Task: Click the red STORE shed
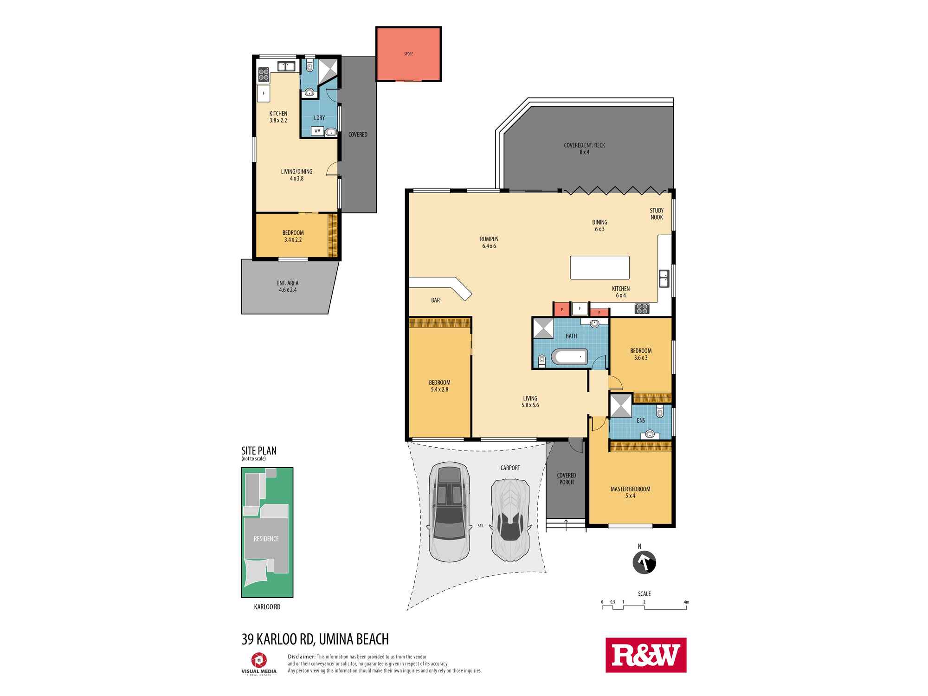pyautogui.click(x=408, y=54)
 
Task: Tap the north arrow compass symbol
pyautogui.click(x=644, y=563)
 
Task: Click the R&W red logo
pyautogui.click(x=646, y=655)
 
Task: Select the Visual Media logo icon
pyautogui.click(x=258, y=660)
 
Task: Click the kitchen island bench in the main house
pyautogui.click(x=599, y=268)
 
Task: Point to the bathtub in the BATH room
pyautogui.click(x=569, y=358)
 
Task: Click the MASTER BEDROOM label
pyautogui.click(x=630, y=489)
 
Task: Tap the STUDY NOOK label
pyautogui.click(x=657, y=214)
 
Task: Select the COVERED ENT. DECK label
pyautogui.click(x=584, y=145)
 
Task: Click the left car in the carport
pyautogui.click(x=449, y=511)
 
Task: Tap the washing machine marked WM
pyautogui.click(x=318, y=131)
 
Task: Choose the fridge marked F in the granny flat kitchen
pyautogui.click(x=264, y=93)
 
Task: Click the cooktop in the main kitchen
pyautogui.click(x=642, y=308)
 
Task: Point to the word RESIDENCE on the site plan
pyautogui.click(x=266, y=539)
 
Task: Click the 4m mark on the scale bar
pyautogui.click(x=686, y=602)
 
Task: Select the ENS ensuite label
pyautogui.click(x=640, y=420)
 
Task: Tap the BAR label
pyautogui.click(x=435, y=300)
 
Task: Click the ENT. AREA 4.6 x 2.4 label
pyautogui.click(x=288, y=286)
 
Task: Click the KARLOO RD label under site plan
pyautogui.click(x=267, y=606)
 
